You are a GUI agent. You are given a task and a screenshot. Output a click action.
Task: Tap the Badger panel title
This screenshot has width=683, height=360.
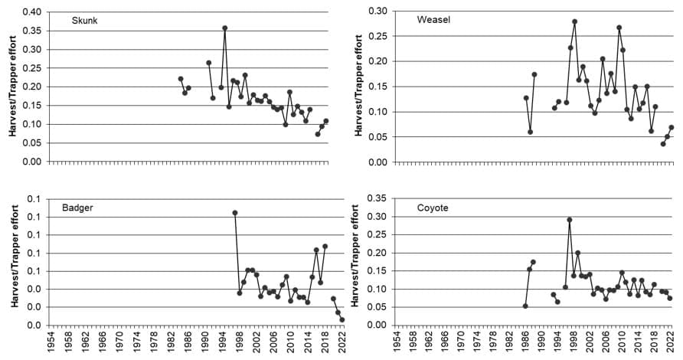pos(78,206)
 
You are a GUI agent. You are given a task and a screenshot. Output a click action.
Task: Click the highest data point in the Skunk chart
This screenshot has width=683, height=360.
pos(225,28)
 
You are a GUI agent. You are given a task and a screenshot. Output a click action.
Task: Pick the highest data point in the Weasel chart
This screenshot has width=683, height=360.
pos(575,21)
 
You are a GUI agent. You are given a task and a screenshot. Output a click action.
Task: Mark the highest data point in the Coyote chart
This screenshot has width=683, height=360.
pos(570,220)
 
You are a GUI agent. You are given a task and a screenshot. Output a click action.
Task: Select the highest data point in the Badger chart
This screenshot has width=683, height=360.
pos(235,213)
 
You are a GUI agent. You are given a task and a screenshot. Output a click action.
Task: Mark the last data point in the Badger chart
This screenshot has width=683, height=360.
pos(342,319)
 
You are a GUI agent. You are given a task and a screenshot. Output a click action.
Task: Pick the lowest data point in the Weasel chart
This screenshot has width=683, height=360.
pos(663,144)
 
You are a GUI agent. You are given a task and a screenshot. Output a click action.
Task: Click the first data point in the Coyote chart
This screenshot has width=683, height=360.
pos(525,306)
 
